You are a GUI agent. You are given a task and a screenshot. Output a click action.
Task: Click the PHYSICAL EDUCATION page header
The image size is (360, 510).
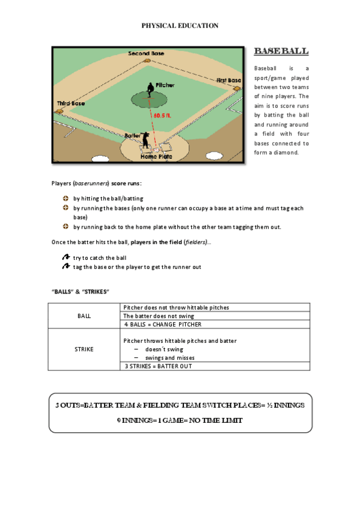[x=180, y=25]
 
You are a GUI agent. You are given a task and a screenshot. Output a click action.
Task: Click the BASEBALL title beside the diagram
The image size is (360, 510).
[x=281, y=51]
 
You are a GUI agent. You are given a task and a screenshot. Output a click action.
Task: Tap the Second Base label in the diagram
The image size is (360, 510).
[x=145, y=54]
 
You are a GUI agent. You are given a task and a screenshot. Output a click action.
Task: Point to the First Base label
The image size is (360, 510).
[x=228, y=80]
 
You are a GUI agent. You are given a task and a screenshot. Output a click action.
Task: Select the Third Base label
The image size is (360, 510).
[x=71, y=103]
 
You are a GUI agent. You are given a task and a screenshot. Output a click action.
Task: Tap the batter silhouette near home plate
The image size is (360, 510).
[x=145, y=141]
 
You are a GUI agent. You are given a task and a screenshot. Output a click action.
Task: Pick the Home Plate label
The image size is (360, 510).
[x=156, y=156]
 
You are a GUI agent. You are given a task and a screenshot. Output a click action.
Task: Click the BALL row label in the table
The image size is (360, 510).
[x=85, y=316]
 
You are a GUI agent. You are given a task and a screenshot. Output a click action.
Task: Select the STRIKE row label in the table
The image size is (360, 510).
[x=85, y=349]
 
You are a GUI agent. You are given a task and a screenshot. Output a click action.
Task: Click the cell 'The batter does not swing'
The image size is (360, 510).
[x=159, y=316]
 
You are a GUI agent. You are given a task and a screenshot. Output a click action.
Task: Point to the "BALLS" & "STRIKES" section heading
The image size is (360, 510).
[x=80, y=291]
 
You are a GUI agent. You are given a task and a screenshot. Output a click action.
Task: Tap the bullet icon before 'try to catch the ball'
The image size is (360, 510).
[x=66, y=257]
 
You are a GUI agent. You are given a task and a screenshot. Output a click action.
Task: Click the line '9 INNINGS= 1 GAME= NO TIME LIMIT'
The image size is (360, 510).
[x=180, y=420]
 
